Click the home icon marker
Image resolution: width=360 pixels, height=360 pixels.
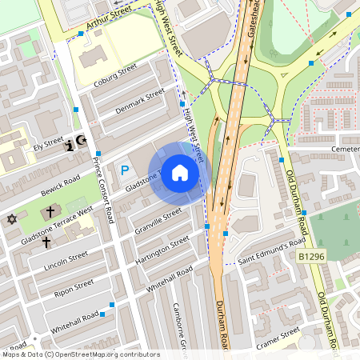[x=180, y=172]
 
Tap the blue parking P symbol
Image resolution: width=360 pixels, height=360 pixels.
[x=124, y=170]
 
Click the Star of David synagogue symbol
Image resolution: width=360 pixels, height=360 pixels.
[x=12, y=218]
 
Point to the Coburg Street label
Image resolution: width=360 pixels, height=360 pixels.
[x=115, y=74]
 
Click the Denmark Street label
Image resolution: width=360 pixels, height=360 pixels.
[x=139, y=101]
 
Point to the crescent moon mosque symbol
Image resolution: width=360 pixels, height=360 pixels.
[x=81, y=142]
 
